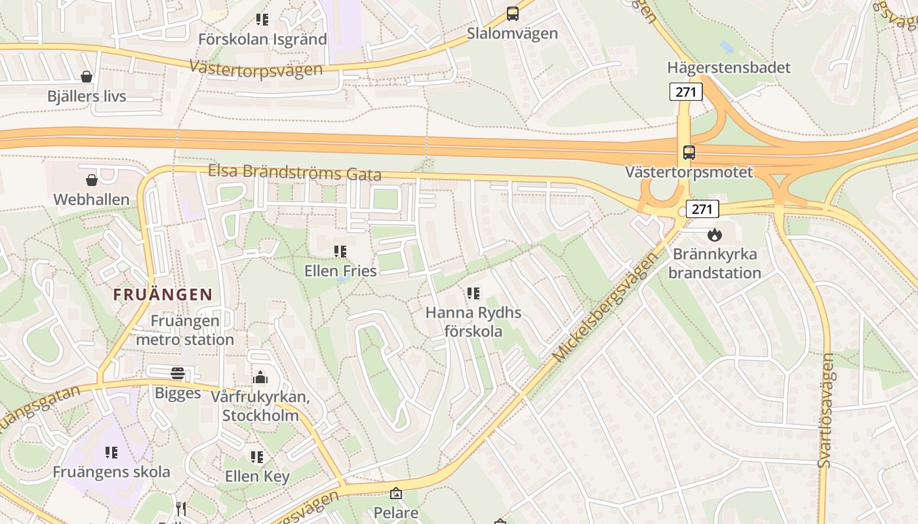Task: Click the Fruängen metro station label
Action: click(185, 330)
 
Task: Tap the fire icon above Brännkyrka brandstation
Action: click(714, 234)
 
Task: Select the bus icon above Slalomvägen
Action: click(512, 14)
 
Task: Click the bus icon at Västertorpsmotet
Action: click(688, 153)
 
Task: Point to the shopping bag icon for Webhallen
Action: click(92, 179)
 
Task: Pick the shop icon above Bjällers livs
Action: click(87, 77)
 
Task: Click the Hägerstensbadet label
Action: click(728, 67)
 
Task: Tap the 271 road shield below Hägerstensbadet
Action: click(686, 92)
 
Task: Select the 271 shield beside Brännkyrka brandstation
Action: click(702, 209)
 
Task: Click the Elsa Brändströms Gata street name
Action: click(294, 172)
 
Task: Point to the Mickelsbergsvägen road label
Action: click(605, 308)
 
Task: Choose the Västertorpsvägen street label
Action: click(256, 68)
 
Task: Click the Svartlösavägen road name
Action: click(827, 410)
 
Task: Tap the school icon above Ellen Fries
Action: click(340, 251)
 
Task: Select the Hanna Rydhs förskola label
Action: click(473, 322)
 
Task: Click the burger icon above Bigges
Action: click(178, 373)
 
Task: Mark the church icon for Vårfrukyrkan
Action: click(260, 378)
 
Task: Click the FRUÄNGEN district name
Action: click(163, 295)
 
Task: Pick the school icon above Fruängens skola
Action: click(111, 452)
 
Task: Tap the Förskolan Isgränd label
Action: click(262, 39)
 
